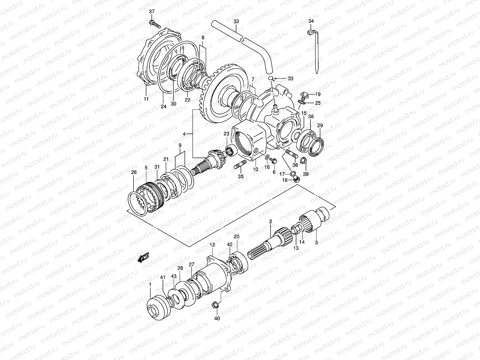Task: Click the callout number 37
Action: tap(152, 11)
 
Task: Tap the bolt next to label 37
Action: tap(154, 24)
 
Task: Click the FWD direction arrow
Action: tap(143, 258)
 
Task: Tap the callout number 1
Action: tap(150, 284)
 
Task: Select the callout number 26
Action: tap(134, 172)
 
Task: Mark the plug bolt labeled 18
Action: tap(297, 179)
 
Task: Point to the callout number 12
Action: tap(212, 245)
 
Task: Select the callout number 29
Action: tap(320, 125)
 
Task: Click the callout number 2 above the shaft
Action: tap(270, 221)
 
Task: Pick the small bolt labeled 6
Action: tap(273, 161)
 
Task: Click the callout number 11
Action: tap(146, 99)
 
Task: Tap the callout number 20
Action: tap(236, 236)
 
